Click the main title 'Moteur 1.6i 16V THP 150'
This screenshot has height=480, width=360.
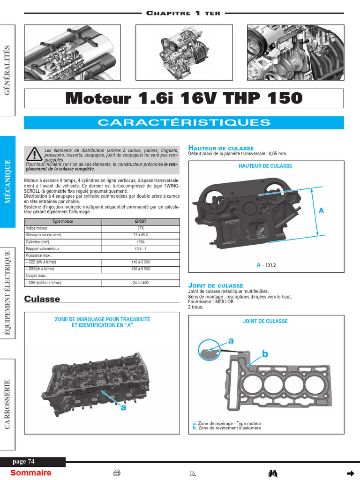184,98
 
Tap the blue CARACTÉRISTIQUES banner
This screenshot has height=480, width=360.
184,123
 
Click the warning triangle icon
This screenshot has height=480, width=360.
34,153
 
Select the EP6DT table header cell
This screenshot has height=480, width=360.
141,221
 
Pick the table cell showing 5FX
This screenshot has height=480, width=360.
141,228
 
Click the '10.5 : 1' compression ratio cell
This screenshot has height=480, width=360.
141,248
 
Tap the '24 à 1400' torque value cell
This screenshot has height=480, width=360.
141,283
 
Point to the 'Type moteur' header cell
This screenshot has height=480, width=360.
63,221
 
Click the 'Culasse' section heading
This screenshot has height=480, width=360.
42,299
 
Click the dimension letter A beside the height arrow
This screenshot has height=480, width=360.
321,211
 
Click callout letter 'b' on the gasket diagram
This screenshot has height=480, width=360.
265,354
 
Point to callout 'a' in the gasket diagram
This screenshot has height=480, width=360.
231,340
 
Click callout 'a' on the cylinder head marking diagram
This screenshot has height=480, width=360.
124,408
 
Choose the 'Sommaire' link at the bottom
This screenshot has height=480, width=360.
31,472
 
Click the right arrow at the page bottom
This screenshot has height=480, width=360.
350,472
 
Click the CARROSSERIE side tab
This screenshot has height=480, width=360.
8,404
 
